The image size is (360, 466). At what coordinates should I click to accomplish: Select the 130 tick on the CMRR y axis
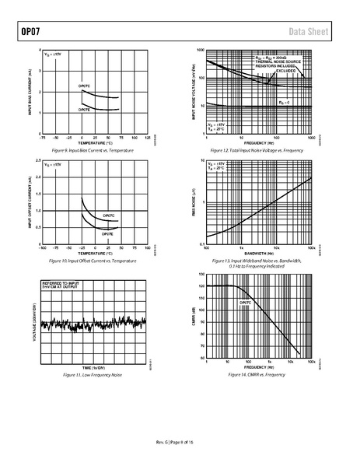tap(201, 275)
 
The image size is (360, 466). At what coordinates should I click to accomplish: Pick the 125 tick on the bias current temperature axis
tap(147, 140)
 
